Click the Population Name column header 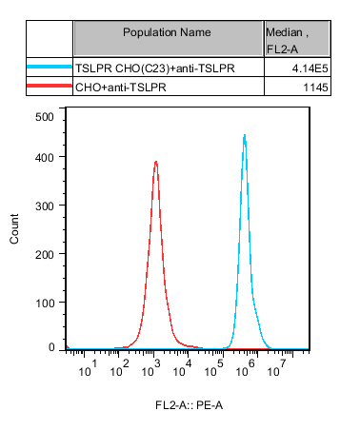(167, 32)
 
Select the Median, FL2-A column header (287, 41)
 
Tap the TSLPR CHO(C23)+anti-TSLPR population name (155, 69)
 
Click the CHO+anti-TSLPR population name (121, 88)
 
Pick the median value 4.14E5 (310, 69)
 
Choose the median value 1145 (315, 88)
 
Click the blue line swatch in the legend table (50, 67)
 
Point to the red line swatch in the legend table (50, 86)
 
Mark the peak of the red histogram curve (156, 162)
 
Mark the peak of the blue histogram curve (245, 135)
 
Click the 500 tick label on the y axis (45, 117)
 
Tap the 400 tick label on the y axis (45, 157)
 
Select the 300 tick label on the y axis (45, 206)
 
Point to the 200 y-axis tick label (45, 254)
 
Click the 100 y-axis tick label (45, 303)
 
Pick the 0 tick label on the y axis (51, 347)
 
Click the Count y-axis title (14, 228)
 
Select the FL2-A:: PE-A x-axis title (190, 405)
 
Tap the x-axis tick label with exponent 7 (276, 368)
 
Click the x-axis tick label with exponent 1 (88, 368)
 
